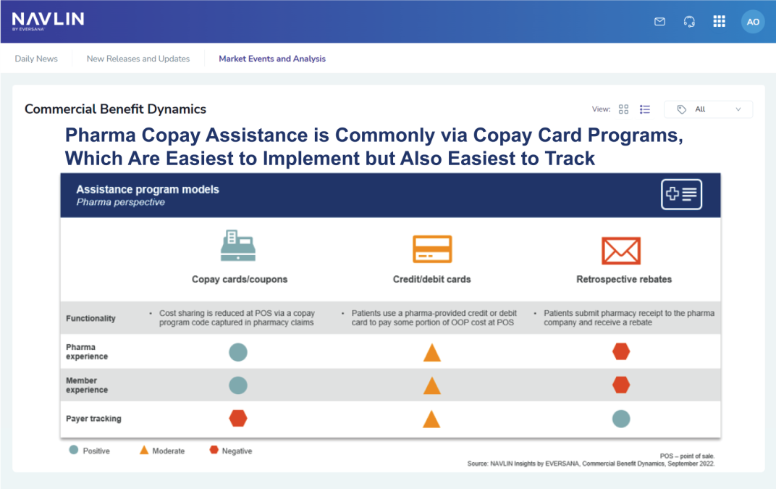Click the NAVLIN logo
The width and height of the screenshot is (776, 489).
[48, 21]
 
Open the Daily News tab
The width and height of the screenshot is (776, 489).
[36, 59]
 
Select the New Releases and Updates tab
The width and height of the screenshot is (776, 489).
[138, 59]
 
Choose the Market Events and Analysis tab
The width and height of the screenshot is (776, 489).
[272, 59]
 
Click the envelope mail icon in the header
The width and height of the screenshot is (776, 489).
[659, 21]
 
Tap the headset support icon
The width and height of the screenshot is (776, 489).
[689, 21]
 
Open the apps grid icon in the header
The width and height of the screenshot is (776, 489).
[719, 21]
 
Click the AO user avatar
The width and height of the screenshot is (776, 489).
[753, 22]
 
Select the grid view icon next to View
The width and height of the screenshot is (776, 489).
[623, 109]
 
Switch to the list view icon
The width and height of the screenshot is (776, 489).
[644, 109]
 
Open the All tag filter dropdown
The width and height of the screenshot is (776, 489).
[708, 109]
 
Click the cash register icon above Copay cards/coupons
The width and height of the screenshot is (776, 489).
[238, 246]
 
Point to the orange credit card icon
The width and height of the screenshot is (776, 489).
[432, 248]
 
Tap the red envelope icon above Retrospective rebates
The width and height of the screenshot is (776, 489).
[621, 251]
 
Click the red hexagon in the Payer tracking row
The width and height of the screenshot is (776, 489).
[238, 418]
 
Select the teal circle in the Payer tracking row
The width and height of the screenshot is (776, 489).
[621, 419]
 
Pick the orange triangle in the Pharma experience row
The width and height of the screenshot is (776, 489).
[432, 353]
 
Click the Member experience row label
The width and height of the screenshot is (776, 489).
[87, 385]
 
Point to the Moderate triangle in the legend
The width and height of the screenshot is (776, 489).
[144, 450]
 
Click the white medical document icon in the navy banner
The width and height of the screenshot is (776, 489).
[681, 194]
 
